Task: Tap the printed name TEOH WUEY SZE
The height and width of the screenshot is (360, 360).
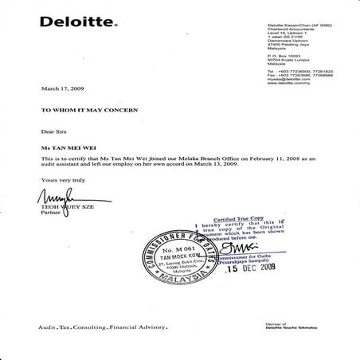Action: [x=55, y=206]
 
